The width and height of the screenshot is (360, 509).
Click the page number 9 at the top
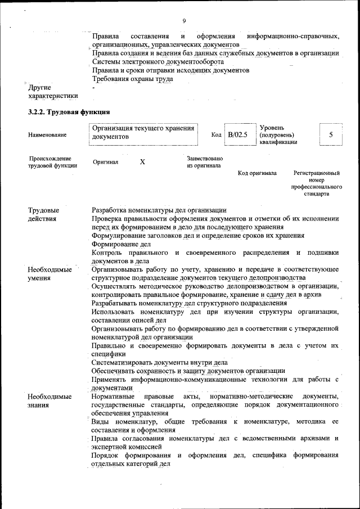(x=184, y=21)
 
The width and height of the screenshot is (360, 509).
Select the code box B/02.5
(x=238, y=135)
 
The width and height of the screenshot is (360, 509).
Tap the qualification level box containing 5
(x=331, y=135)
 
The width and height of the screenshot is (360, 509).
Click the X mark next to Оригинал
(x=142, y=162)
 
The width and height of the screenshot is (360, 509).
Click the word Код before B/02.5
(x=216, y=135)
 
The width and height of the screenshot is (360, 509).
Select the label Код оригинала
(x=257, y=173)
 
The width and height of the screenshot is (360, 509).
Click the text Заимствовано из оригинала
(x=205, y=163)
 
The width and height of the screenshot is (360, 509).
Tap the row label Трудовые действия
(x=44, y=214)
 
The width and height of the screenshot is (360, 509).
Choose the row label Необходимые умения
(x=49, y=273)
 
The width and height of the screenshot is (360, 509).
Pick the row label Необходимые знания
(x=49, y=400)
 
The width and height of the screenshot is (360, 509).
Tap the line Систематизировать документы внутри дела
(x=160, y=362)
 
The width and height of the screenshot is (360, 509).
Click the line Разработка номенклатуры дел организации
(x=159, y=210)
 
